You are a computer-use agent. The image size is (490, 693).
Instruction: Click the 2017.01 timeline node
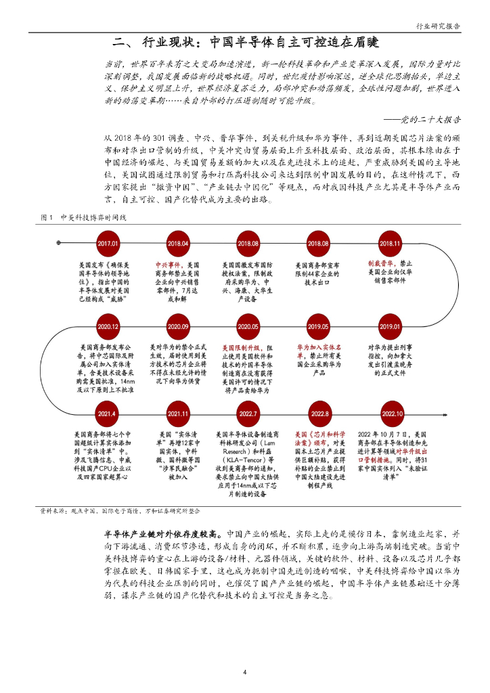[108, 243]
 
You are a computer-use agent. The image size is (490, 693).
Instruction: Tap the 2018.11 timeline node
[391, 243]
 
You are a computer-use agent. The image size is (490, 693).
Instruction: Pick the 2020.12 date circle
[108, 326]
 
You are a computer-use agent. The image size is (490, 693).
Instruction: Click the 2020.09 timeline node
[178, 326]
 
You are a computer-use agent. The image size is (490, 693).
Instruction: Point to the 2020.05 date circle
[248, 326]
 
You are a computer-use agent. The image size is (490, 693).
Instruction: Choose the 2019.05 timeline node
[318, 326]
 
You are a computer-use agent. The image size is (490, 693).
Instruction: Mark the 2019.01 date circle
[391, 326]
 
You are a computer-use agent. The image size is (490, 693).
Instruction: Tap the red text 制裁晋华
[381, 262]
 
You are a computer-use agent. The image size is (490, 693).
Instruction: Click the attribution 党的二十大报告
[431, 118]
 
